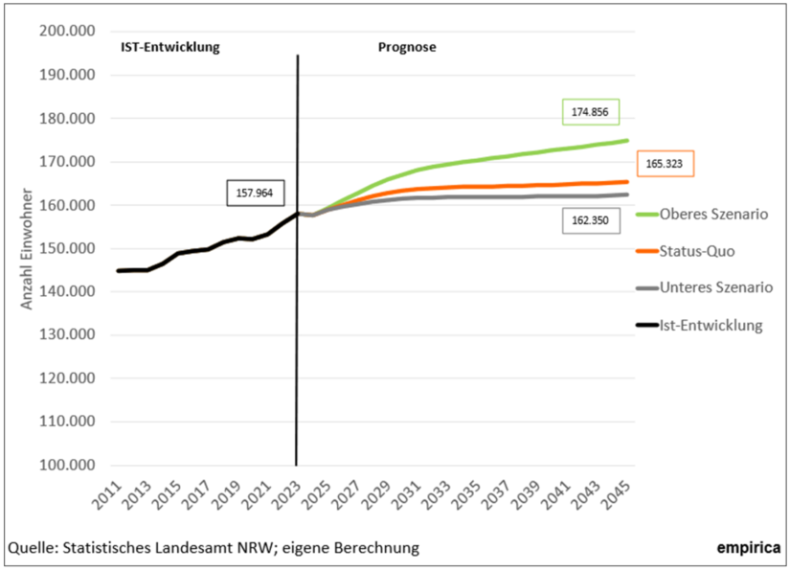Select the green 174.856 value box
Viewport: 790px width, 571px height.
point(591,112)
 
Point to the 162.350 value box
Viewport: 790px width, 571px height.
point(591,221)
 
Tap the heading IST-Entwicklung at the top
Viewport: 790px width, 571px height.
point(170,46)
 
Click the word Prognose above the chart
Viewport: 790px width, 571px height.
point(408,46)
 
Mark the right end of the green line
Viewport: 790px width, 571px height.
point(627,141)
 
